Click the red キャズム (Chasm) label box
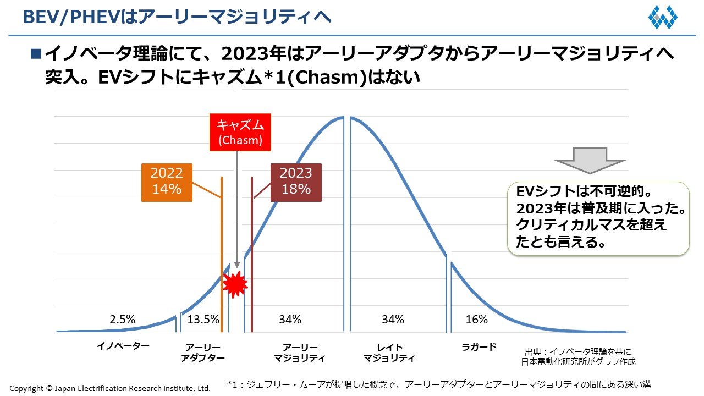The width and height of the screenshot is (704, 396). pos(240,133)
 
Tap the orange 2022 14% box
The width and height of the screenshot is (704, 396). pos(167,182)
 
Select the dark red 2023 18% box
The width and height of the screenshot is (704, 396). pos(296,182)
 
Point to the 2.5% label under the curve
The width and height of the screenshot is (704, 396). pos(123,320)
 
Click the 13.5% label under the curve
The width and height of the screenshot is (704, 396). pos(203,320)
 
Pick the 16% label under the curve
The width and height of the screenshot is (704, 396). pos(476,320)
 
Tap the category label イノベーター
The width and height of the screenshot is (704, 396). pos(123,346)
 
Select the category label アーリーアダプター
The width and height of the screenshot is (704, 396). pos(203,353)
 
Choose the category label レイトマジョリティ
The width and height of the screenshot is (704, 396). pos(389,353)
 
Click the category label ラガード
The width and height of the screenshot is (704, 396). pos(479,347)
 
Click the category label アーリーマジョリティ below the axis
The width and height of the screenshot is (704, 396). pos(300,353)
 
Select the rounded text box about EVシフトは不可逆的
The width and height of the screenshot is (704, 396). pos(597,218)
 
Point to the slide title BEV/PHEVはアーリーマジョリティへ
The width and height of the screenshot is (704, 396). pos(177,17)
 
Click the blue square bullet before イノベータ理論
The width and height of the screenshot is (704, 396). pos(36,54)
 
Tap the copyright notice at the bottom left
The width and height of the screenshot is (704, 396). pos(110,388)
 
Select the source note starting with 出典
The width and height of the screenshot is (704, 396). pos(579,356)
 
